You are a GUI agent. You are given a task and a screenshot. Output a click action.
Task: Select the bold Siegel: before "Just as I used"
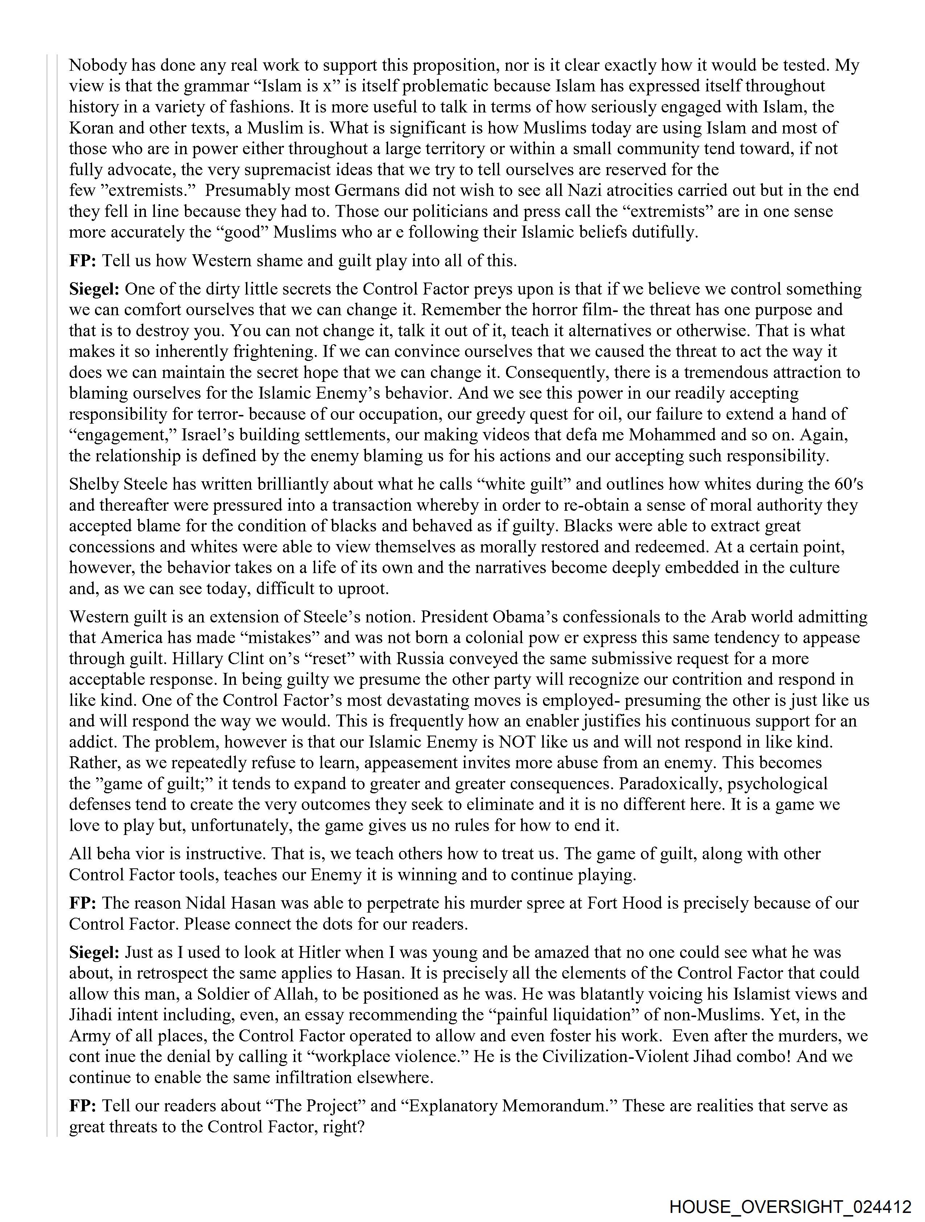[x=94, y=952]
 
